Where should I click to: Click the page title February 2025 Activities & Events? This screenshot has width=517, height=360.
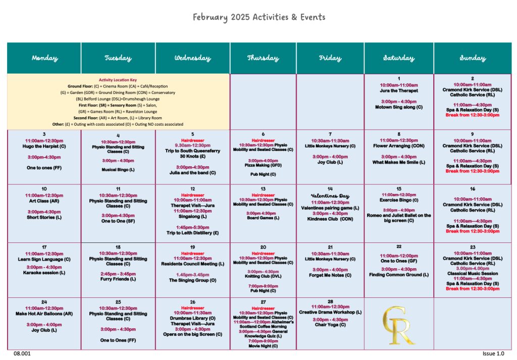(258, 17)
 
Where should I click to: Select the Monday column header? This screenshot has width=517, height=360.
(44, 58)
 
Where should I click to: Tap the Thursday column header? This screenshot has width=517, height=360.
(263, 58)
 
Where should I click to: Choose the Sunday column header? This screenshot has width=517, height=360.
(472, 58)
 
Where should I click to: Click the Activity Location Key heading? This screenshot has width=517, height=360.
(118, 80)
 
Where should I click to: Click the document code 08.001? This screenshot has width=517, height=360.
(22, 354)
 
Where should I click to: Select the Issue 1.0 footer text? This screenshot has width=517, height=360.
(493, 354)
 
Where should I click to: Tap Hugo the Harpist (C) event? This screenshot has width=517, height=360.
(44, 146)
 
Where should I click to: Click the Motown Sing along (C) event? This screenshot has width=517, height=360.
(398, 107)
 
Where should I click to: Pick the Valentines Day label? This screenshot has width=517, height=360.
(330, 196)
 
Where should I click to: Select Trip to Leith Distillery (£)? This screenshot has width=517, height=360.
(192, 233)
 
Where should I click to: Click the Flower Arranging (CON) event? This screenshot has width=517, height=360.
(398, 146)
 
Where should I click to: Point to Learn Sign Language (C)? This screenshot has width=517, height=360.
(44, 260)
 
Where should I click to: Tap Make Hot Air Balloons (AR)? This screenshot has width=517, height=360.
(44, 314)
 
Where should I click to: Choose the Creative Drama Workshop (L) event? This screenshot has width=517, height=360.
(330, 313)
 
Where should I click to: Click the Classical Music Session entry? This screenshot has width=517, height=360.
(472, 273)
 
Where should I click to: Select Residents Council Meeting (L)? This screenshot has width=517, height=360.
(192, 264)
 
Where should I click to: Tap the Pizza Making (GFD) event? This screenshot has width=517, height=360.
(263, 165)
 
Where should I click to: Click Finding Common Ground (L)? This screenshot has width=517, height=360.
(398, 275)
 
